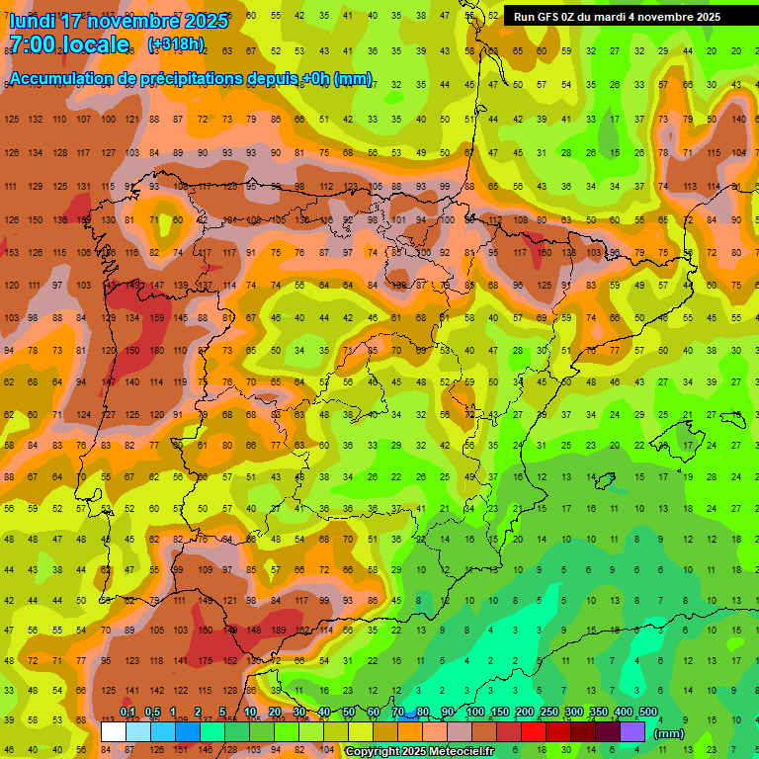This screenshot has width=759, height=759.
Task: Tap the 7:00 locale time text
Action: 69,44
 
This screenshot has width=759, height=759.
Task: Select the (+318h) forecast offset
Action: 176,44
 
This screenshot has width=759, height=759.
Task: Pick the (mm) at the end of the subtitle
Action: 353,80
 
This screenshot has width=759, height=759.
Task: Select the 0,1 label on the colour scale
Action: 127,713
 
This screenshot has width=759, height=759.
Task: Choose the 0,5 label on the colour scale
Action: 152,713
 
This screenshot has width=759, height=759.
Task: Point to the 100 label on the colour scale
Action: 474,713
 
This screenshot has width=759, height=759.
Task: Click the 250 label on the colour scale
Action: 548,713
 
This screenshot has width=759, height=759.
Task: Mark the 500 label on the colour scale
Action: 647,713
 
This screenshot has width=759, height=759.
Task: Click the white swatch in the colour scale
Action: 114,731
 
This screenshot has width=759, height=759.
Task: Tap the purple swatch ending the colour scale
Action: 632,731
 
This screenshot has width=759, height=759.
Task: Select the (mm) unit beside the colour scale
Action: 669,733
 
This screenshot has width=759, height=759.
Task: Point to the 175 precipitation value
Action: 206,660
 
